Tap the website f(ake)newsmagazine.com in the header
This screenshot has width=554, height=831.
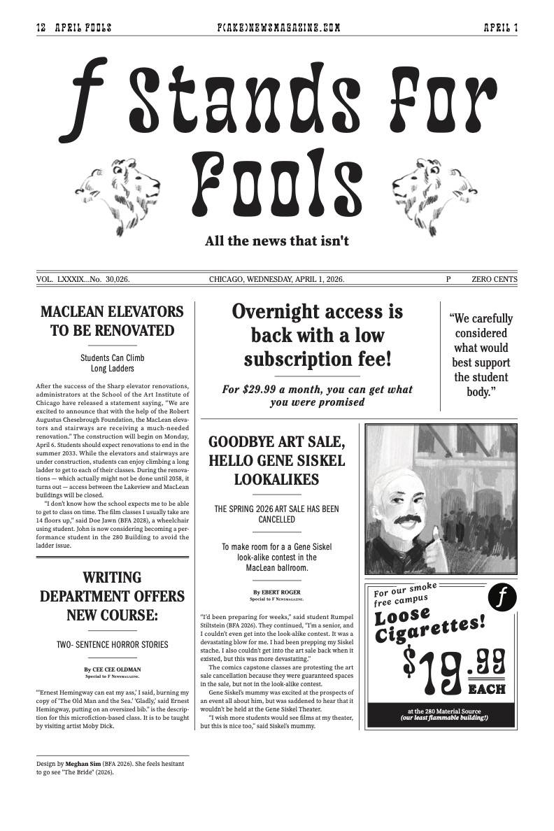[x=278, y=28]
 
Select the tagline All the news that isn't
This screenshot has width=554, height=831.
[x=277, y=241]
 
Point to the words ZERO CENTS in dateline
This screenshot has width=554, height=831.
[x=495, y=279]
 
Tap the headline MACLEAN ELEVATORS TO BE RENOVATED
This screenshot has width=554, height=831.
[x=112, y=320]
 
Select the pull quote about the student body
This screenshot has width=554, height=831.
[x=481, y=355]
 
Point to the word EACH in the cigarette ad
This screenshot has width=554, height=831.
[x=486, y=690]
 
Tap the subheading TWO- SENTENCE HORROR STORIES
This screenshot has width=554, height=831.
[x=112, y=644]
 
